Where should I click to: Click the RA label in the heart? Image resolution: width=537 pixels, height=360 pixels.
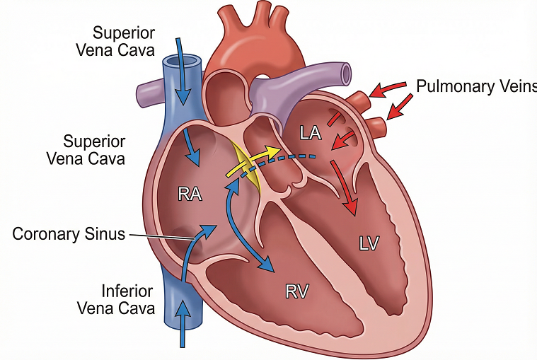190,193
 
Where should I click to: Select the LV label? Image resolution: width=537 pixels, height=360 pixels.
369,243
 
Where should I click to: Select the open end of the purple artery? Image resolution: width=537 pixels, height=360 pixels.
346,71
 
